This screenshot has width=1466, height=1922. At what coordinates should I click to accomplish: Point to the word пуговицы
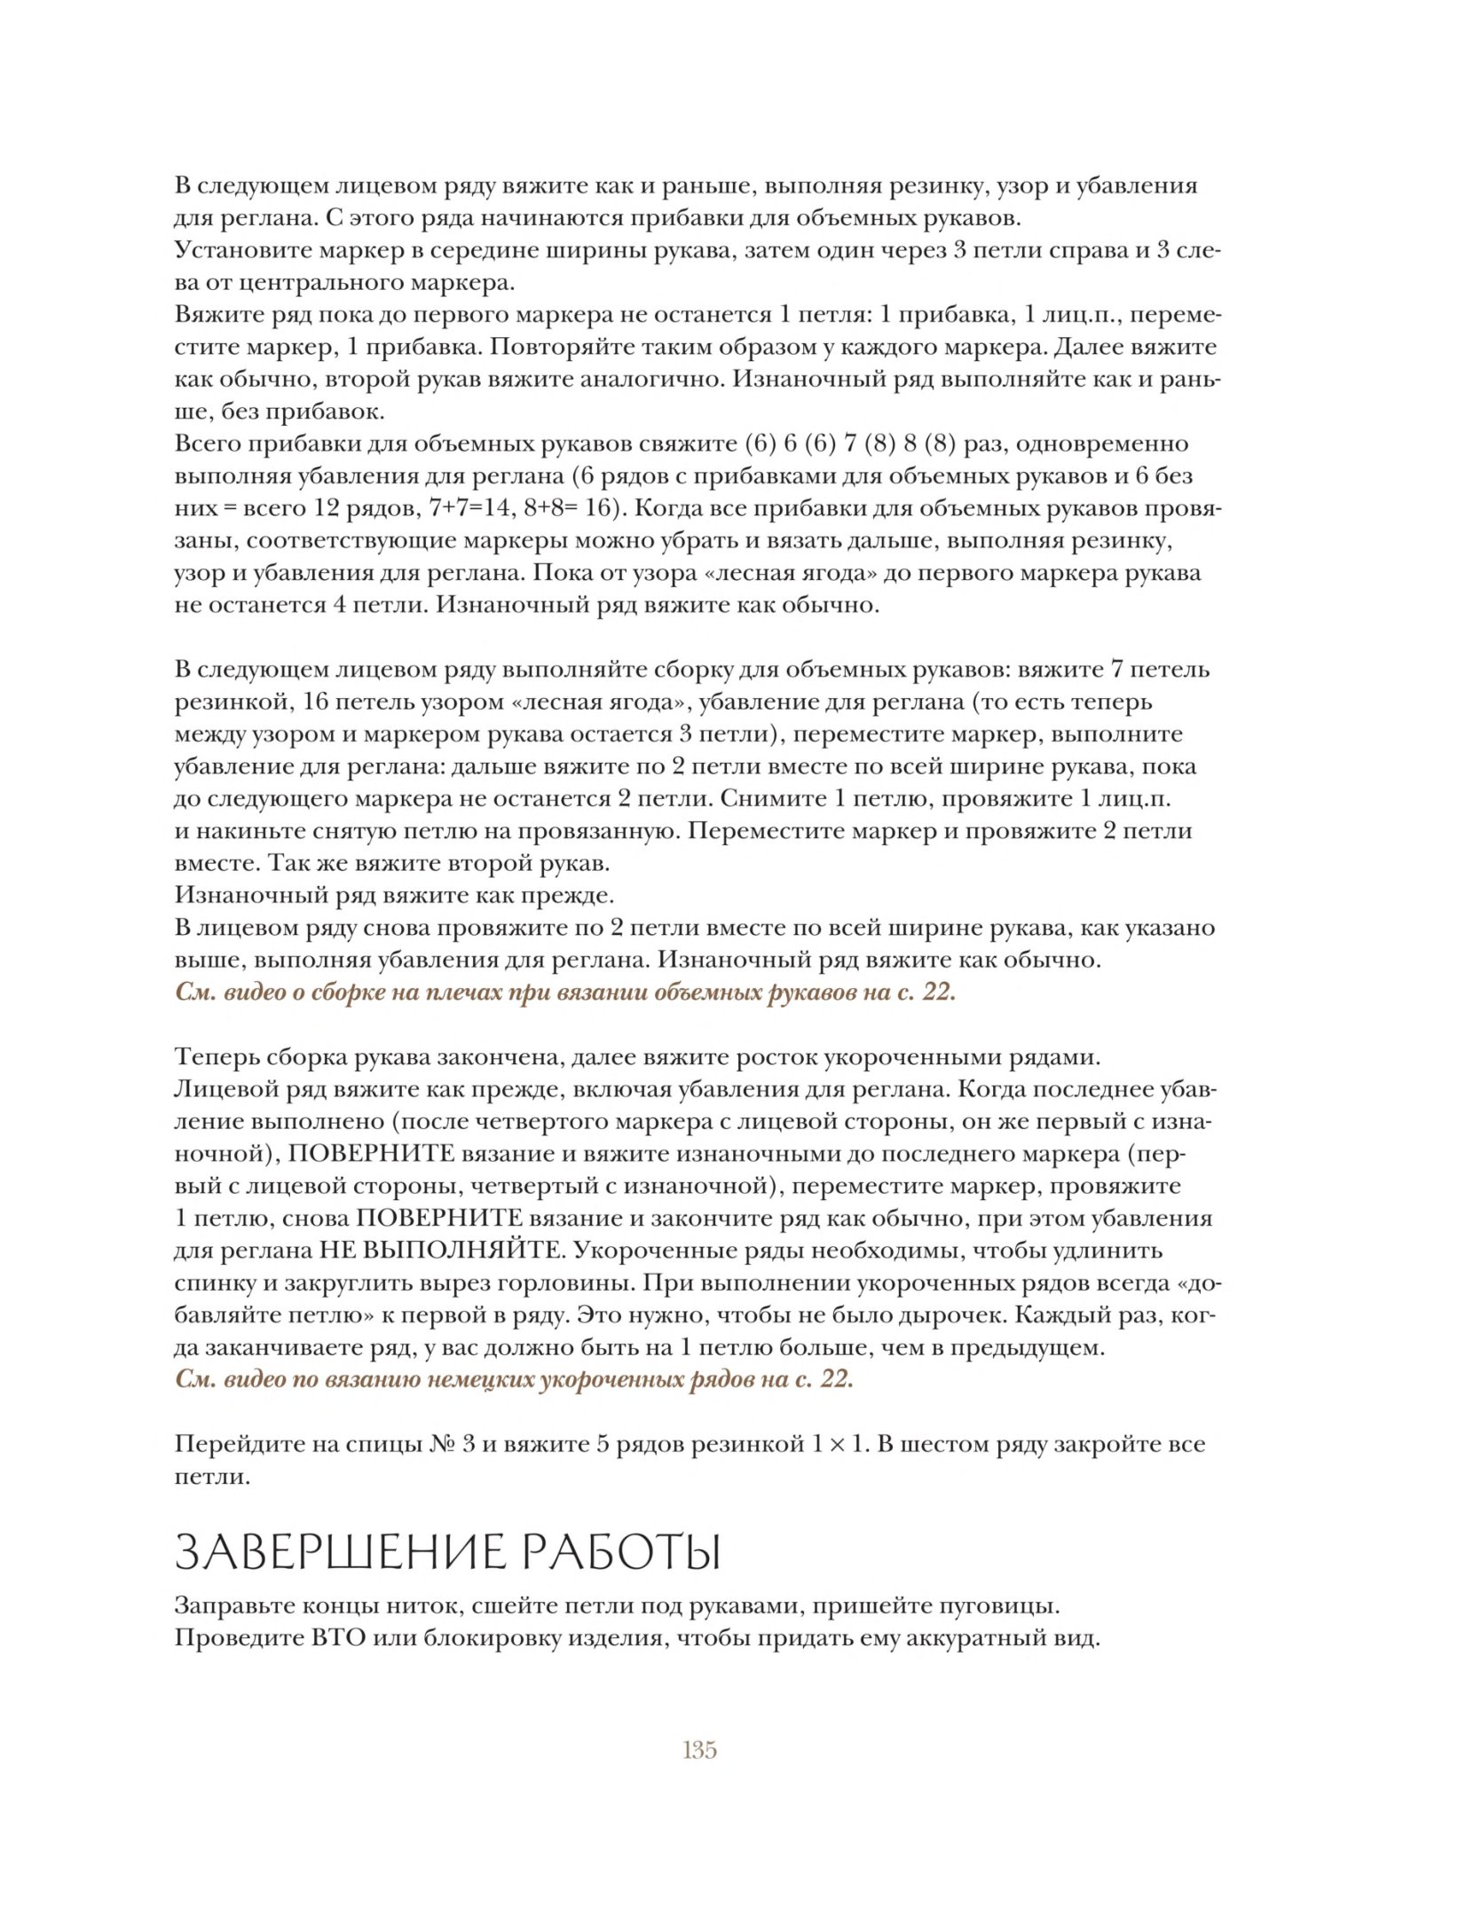coord(1003,1606)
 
